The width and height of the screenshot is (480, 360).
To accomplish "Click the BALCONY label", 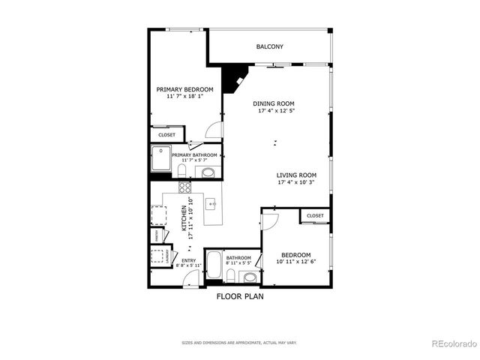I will point(269,46).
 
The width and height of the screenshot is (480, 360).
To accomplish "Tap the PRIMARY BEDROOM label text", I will point(179,89).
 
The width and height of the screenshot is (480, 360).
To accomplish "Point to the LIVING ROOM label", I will point(296,174).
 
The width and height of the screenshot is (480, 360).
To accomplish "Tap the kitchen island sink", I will point(212,203).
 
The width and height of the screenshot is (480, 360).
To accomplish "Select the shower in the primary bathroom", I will point(160,158).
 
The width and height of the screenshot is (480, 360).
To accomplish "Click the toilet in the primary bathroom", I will point(182,171).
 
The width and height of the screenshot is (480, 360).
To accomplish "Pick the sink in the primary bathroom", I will point(208,172).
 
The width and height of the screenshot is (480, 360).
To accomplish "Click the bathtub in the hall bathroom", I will point(213,268).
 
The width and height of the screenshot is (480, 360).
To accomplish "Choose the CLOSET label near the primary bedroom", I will point(166,135).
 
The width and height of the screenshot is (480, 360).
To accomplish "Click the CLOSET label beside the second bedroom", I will point(315,216).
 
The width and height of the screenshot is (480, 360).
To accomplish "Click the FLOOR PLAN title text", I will point(240,296).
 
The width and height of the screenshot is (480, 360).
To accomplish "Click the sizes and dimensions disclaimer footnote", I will point(239,343).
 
